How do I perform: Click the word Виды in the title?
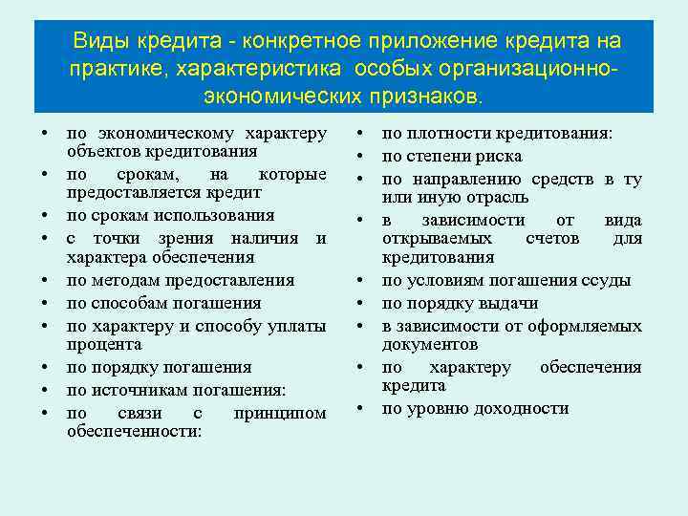pyautogui.click(x=101, y=41)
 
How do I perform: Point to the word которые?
pyautogui.click(x=292, y=175)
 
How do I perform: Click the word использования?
pyautogui.click(x=218, y=215)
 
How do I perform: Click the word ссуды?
pyautogui.click(x=607, y=280)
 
